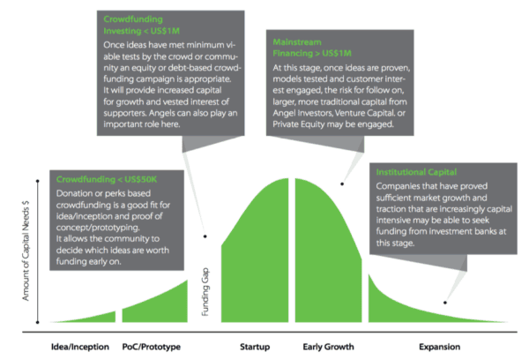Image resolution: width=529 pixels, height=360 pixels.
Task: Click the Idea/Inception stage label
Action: (x=76, y=347)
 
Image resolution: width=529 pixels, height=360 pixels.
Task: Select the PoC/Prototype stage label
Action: (x=152, y=347)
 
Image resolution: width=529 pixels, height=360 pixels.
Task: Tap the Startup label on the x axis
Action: (x=255, y=347)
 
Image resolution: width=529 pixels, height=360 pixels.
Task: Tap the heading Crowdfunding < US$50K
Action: (x=108, y=178)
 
